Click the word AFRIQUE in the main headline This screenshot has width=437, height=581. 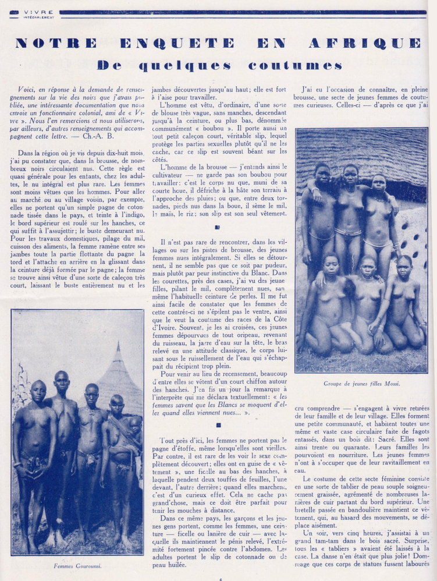pyautogui.click(x=373, y=43)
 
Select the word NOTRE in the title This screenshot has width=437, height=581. pyautogui.click(x=56, y=43)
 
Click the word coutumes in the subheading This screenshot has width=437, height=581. pyautogui.click(x=295, y=65)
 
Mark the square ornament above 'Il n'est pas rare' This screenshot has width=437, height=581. pyautogui.click(x=218, y=228)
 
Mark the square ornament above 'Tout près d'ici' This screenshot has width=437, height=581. pyautogui.click(x=218, y=424)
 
